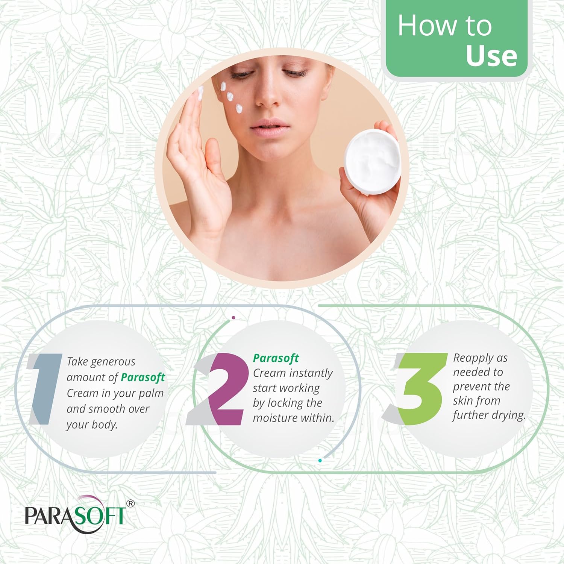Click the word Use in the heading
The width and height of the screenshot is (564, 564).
point(491,56)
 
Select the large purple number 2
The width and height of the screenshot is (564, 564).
point(226,389)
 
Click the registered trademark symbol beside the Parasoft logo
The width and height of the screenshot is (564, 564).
point(130,503)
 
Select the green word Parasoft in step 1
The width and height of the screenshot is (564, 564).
point(143,377)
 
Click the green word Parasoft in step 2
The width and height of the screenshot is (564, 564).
point(276,358)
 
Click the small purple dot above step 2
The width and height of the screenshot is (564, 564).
point(233,318)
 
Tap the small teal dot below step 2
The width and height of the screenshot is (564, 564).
point(320,460)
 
